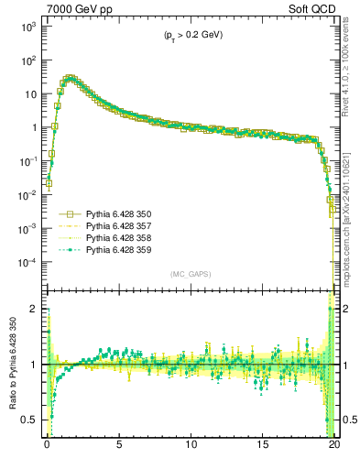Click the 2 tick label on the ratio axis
click(35, 309)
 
